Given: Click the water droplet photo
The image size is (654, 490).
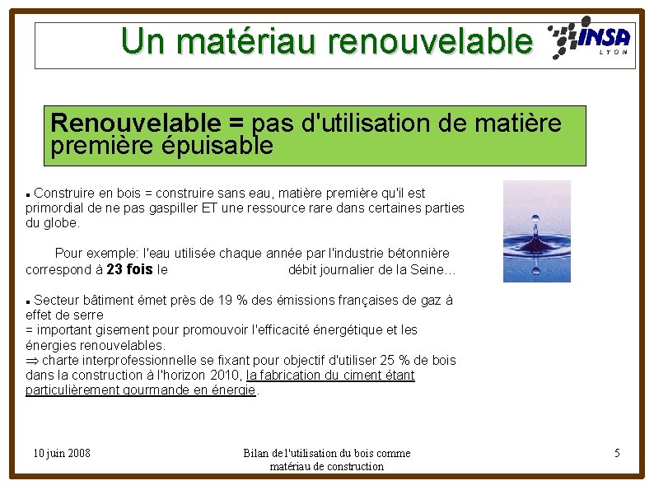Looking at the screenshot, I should (x=536, y=231).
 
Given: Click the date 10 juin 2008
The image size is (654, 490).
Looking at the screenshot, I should (x=62, y=453).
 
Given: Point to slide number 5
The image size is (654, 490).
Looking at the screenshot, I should (x=617, y=453).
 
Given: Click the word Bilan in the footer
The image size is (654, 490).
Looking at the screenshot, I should (x=257, y=453).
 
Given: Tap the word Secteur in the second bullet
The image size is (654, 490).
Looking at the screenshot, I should (x=58, y=301).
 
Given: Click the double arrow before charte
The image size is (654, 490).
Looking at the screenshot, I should (x=32, y=361).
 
